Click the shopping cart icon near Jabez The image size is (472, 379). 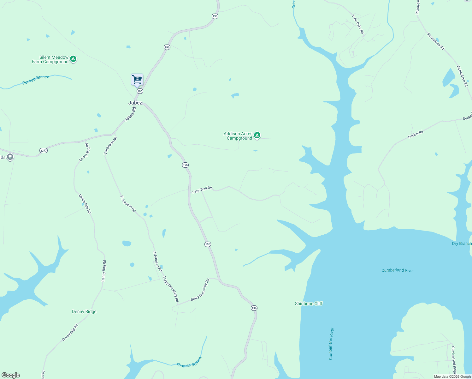[x=137, y=80]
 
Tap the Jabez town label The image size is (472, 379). [x=135, y=103]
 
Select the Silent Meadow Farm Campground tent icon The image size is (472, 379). [x=73, y=59]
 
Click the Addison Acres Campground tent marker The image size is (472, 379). [x=257, y=135]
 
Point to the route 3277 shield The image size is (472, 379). [x=44, y=150]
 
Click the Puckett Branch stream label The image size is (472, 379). [x=36, y=80]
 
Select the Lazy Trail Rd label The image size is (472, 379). [x=202, y=190]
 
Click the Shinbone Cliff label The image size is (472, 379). [x=309, y=304]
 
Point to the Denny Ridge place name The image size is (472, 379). [x=84, y=311]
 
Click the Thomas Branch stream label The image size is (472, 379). [x=189, y=362]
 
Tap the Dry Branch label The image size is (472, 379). [x=462, y=244]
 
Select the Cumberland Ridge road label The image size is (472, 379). [x=454, y=360]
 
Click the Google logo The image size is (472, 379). [x=11, y=375]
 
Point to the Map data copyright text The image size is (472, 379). [x=452, y=376]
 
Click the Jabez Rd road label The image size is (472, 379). [x=130, y=114]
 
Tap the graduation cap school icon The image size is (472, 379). [x=10, y=157]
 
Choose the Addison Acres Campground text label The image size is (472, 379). [x=238, y=136]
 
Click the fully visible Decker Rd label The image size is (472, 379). [x=415, y=134]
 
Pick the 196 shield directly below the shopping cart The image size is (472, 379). [x=140, y=91]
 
